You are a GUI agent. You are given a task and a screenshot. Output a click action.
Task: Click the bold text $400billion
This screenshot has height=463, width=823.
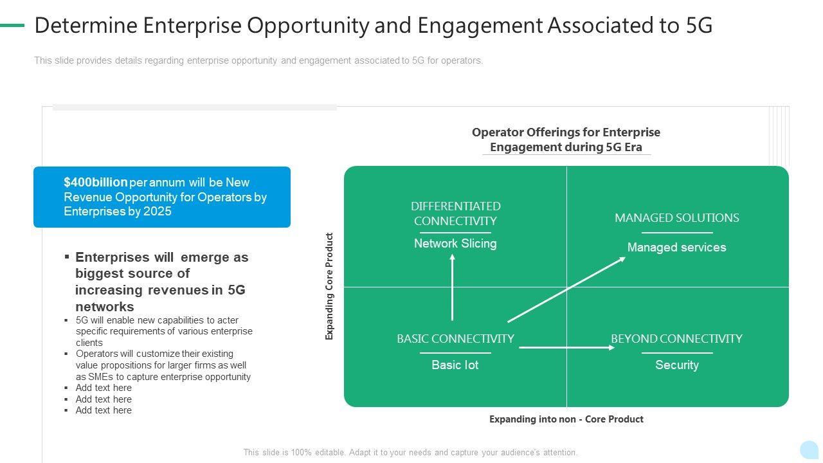pos(96,183)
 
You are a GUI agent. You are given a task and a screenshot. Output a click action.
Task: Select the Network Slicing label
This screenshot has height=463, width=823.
pos(455,244)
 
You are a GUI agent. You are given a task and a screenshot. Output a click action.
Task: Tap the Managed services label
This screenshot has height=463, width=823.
pos(676,248)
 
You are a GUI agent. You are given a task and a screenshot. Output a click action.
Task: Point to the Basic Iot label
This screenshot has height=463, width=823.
pos(455,365)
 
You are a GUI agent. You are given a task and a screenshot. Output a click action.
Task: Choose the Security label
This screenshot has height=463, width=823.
pos(677,365)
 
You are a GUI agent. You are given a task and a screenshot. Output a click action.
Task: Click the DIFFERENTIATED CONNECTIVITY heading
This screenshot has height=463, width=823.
pos(455,213)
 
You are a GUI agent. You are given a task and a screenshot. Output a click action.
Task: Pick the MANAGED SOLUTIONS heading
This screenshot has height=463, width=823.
pos(676,218)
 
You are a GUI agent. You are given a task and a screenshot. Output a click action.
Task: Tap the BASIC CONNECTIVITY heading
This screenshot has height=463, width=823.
pos(455,339)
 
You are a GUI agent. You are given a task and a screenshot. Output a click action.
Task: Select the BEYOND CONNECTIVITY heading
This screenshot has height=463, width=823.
pos(676,339)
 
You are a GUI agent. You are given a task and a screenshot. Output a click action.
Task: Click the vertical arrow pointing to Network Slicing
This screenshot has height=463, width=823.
pos(453,287)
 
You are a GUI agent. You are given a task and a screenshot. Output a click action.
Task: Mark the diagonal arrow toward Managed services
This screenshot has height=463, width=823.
pos(566,289)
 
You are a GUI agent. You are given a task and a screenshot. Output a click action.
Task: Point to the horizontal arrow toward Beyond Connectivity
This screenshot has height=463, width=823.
pos(566,348)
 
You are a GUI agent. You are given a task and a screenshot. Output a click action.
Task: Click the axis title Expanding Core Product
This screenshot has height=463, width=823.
pos(330,286)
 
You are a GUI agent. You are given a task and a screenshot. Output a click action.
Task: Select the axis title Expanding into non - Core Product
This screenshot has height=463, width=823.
pos(566,419)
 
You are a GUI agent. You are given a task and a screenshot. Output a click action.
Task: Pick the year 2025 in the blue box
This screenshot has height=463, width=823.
pos(158,212)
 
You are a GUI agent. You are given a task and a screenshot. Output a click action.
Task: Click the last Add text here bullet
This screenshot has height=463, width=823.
pos(104,410)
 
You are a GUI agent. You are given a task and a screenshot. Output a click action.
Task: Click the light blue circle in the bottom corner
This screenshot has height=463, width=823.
pos(809,449)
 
